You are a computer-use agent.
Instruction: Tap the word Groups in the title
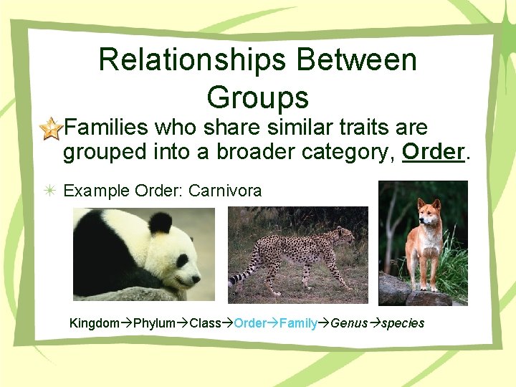(x=257, y=97)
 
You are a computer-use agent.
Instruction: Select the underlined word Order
(x=433, y=152)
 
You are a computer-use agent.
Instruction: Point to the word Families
(x=107, y=128)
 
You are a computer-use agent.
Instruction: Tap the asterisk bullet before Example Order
(x=51, y=191)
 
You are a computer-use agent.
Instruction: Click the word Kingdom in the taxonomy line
(x=94, y=323)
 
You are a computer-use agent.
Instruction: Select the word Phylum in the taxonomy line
(x=154, y=323)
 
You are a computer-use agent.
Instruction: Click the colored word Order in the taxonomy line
(x=250, y=323)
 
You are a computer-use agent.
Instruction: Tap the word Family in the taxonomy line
(x=298, y=323)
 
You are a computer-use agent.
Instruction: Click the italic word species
(x=402, y=323)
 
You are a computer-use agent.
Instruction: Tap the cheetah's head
(x=347, y=234)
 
